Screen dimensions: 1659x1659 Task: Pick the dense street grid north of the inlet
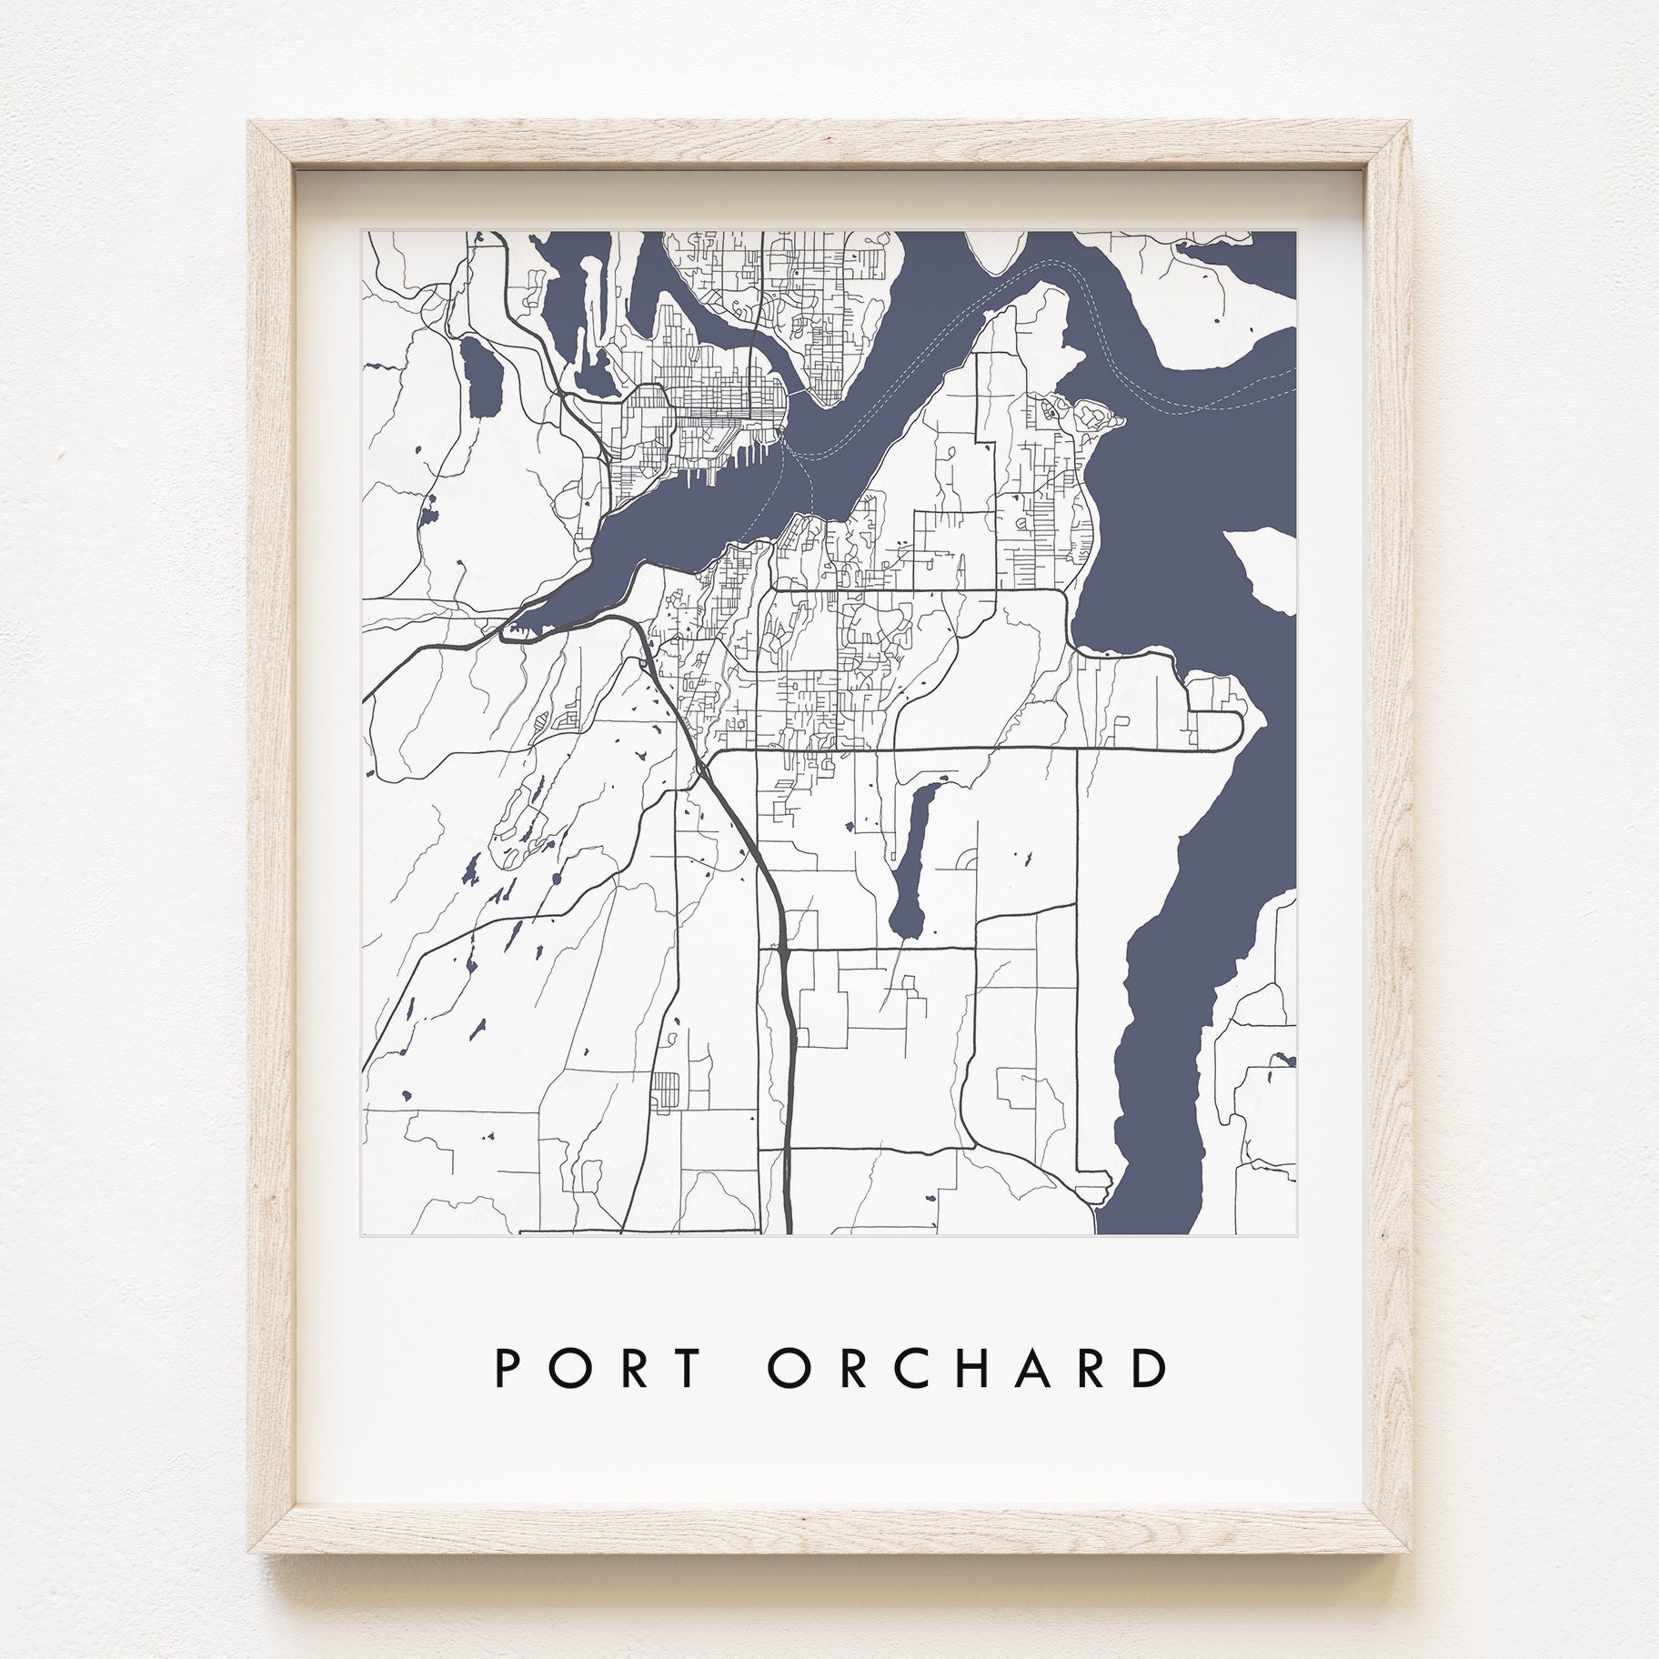(719, 409)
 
